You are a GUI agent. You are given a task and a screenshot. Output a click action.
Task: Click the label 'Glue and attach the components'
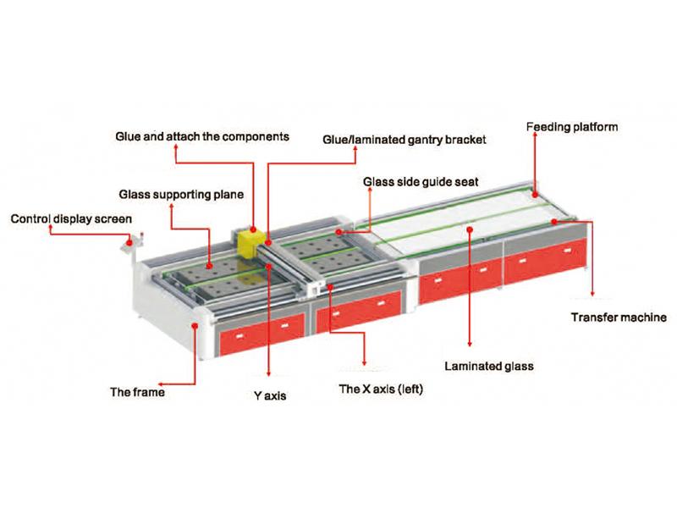[x=202, y=135]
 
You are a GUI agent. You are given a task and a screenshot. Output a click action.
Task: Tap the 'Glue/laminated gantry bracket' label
[x=405, y=139]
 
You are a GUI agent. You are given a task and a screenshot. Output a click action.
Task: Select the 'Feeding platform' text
[x=572, y=128]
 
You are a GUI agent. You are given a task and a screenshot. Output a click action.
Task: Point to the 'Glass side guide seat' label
[x=420, y=181]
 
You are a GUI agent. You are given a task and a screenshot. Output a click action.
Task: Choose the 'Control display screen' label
[x=71, y=219]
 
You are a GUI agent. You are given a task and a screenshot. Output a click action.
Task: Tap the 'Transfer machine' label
[x=616, y=317]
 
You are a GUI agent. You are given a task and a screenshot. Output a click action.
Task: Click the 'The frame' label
[x=136, y=392]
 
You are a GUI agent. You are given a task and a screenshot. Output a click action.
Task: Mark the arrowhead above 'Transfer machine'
[x=592, y=295]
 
